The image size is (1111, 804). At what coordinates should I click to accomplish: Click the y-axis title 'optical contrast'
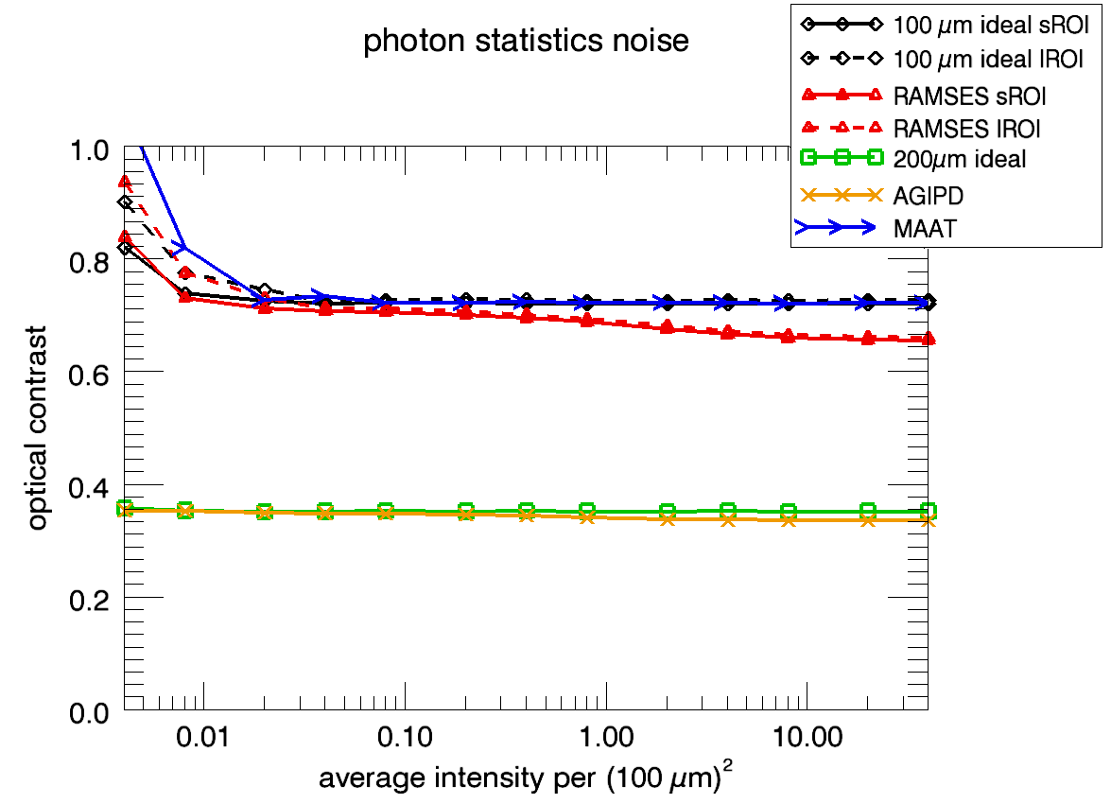pos(37,428)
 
